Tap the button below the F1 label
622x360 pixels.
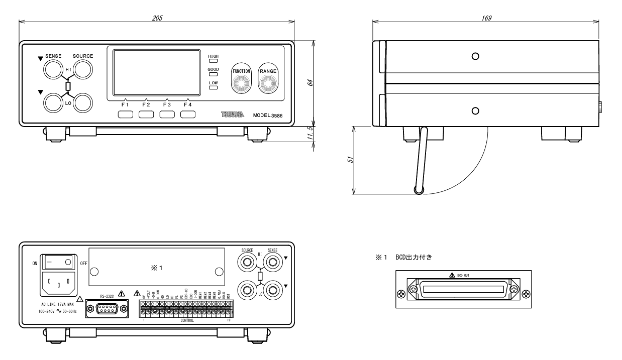click(x=125, y=114)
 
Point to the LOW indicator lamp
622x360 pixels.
click(x=214, y=87)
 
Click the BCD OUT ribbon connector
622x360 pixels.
click(x=464, y=290)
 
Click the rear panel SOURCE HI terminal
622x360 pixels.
click(x=248, y=262)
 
